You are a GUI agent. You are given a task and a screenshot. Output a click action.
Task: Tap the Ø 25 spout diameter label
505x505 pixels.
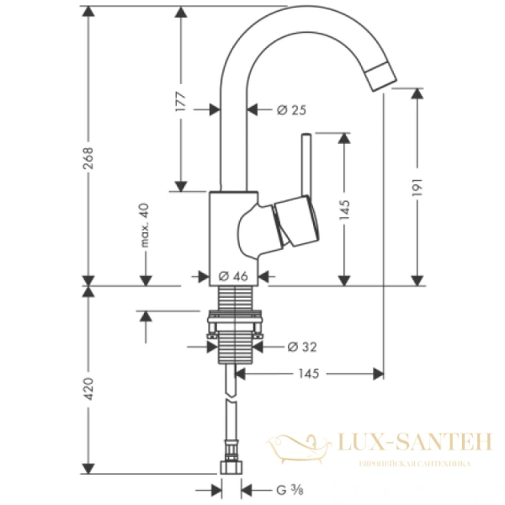(271, 109)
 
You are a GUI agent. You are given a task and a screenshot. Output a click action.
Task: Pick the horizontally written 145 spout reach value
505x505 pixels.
(308, 373)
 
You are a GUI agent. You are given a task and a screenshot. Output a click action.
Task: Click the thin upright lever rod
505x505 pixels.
(308, 164)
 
